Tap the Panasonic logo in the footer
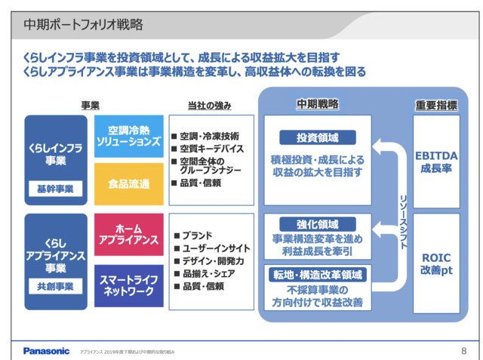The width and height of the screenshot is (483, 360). (46, 350)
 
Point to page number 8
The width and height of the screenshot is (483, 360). (463, 350)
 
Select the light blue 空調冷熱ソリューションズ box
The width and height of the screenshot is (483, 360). (128, 136)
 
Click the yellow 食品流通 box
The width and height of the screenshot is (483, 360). (128, 184)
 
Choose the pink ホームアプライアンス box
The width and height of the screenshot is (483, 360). (128, 234)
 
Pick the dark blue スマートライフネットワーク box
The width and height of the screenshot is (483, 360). (128, 285)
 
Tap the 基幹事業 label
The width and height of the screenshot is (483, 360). (56, 189)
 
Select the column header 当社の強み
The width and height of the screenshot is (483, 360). (209, 105)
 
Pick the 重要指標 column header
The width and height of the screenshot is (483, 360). (436, 105)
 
